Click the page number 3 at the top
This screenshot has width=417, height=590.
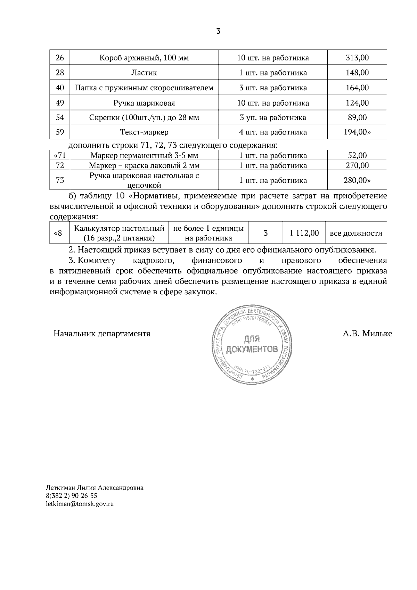[218, 31]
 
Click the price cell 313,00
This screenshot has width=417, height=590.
[357, 58]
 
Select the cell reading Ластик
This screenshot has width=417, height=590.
[144, 73]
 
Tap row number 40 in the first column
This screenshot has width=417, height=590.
[60, 88]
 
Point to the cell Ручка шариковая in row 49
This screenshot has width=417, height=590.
[144, 103]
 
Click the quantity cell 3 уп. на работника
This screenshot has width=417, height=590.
[273, 117]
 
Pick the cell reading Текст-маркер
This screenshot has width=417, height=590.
[144, 132]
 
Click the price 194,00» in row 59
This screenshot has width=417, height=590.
[357, 132]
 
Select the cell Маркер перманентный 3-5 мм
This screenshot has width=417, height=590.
[144, 155]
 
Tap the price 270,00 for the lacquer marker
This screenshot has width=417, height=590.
[357, 165]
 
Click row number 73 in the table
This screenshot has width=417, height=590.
[60, 180]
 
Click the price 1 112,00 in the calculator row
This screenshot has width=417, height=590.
[304, 233]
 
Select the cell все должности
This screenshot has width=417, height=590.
[356, 233]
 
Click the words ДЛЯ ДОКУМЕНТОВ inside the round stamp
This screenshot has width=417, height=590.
[252, 344]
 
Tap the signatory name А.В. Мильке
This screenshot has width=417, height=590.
[367, 334]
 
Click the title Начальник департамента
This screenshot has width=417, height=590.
[102, 334]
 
